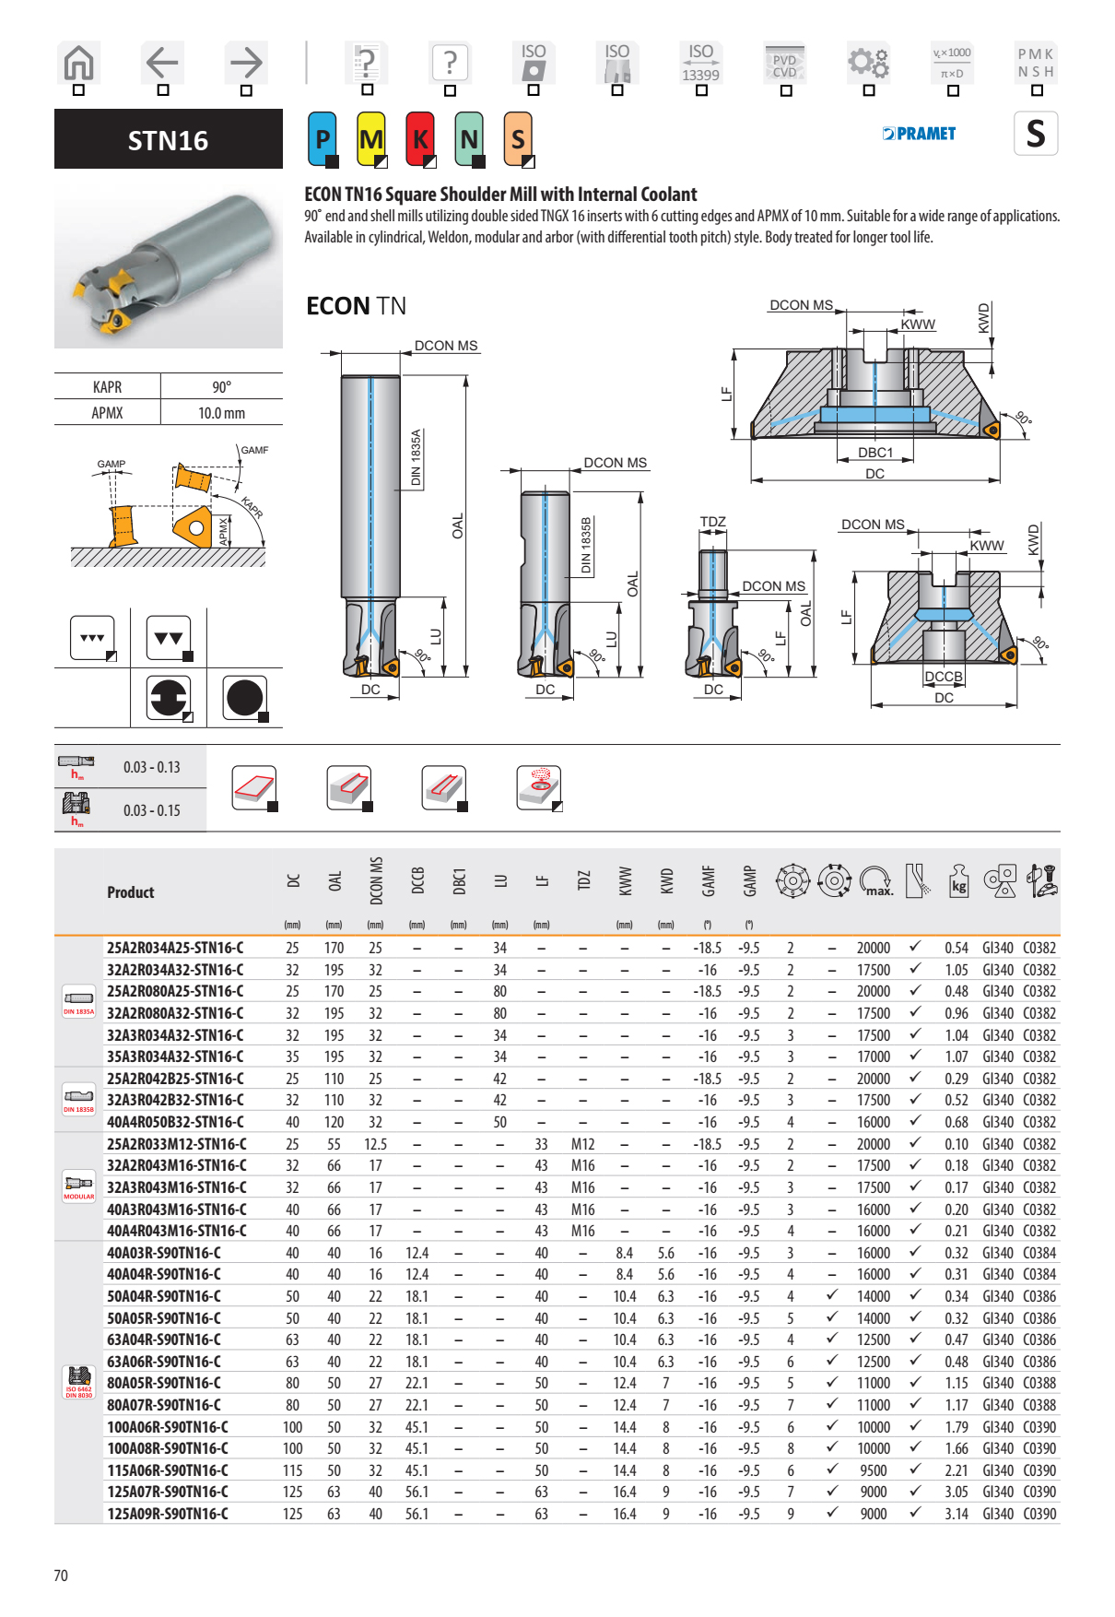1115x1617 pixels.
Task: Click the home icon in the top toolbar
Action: point(79,64)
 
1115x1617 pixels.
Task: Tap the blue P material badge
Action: point(323,139)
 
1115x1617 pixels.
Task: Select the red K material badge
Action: point(420,139)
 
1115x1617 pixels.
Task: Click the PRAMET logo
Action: point(919,134)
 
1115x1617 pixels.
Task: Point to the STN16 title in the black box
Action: point(168,140)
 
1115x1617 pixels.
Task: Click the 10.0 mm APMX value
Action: point(221,413)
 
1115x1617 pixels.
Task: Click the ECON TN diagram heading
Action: point(356,306)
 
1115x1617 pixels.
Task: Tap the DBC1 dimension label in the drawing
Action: point(875,453)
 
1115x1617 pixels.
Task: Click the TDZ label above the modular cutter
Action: point(712,522)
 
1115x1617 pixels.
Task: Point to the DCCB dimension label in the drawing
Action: point(944,677)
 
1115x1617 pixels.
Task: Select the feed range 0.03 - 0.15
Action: point(151,810)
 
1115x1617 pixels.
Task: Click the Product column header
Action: point(131,892)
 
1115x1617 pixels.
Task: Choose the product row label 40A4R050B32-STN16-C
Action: point(175,1122)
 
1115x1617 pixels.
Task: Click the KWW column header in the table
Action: point(625,881)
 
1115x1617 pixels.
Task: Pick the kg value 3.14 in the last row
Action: point(956,1514)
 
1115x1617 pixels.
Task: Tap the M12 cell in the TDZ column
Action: point(582,1144)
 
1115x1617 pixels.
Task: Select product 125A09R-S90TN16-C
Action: point(168,1514)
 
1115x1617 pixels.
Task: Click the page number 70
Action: point(61,1576)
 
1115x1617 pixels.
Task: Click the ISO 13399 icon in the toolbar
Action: point(700,64)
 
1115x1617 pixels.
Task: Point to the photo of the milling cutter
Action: point(169,266)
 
